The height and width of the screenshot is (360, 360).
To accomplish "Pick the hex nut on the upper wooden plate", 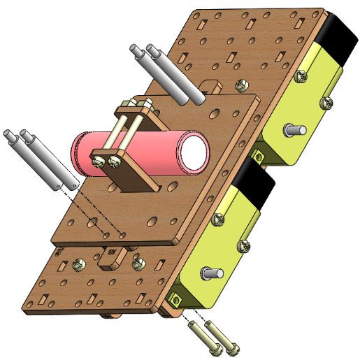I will [x=242, y=85].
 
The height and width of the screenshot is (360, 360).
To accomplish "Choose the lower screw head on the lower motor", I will [x=244, y=245].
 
